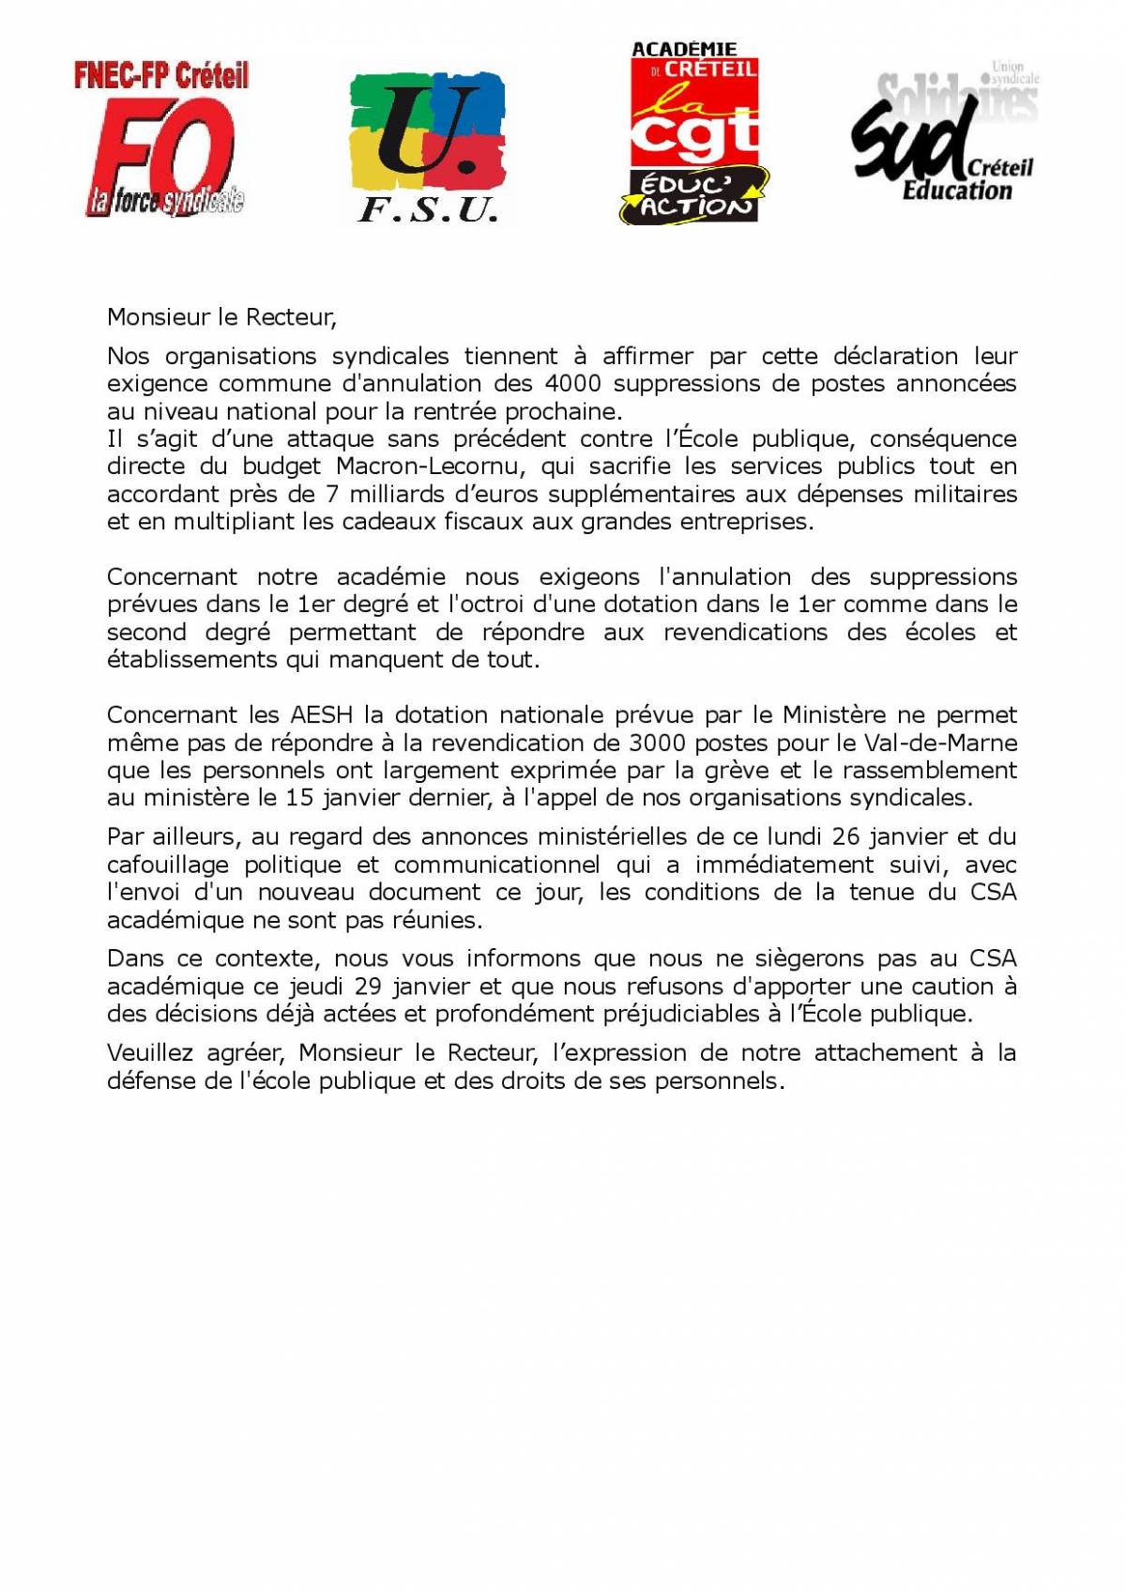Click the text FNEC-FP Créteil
point(161,75)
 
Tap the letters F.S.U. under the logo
point(428,209)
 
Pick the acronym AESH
point(321,714)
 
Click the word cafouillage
point(167,865)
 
